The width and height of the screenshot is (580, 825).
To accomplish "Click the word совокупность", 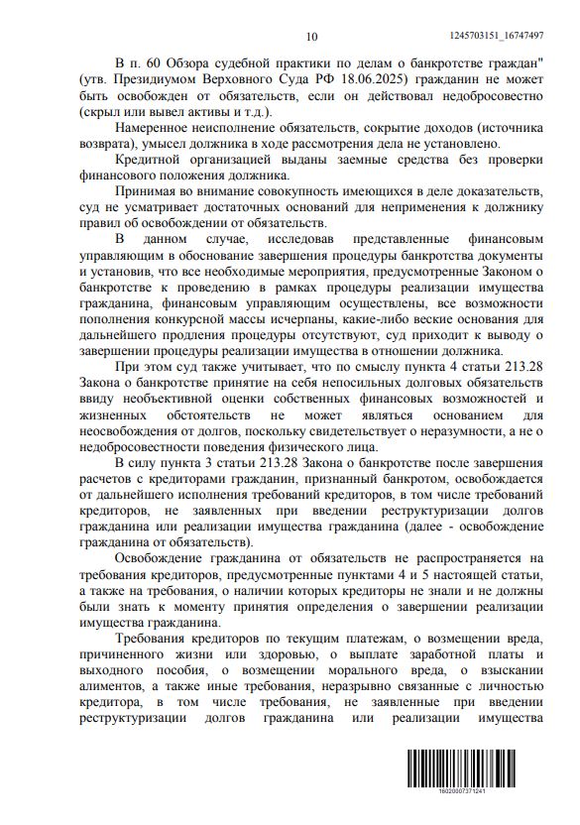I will click(317, 190).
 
